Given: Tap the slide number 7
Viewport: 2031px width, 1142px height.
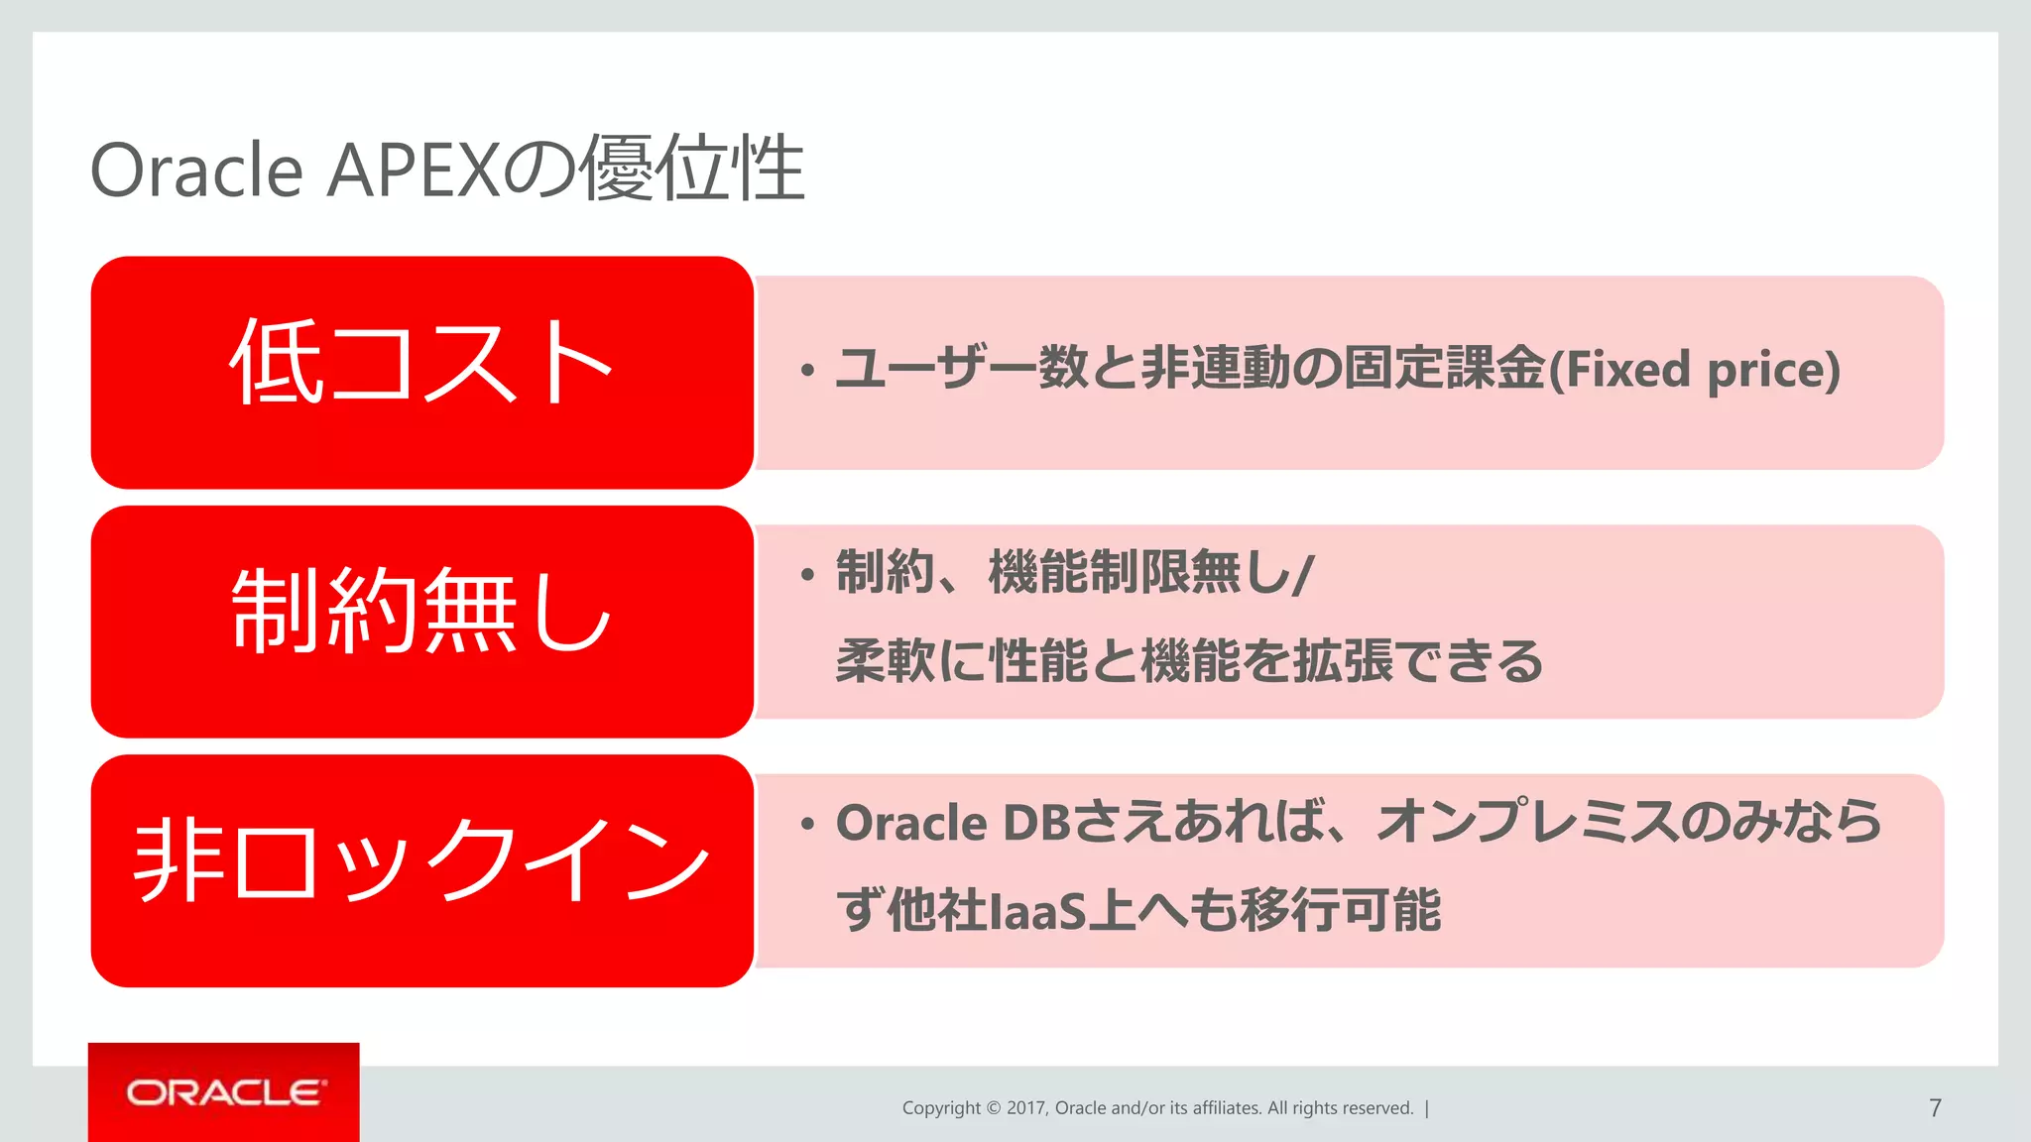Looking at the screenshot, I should click(1935, 1108).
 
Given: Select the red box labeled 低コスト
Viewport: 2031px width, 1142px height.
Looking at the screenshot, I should click(421, 372).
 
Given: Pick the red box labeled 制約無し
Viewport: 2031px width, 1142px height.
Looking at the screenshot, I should click(421, 622).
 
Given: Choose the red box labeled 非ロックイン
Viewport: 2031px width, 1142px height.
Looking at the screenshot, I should click(421, 870).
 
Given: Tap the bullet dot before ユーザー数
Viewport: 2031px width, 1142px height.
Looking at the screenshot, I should click(808, 372).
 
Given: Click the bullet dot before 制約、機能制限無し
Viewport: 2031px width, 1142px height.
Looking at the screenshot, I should click(808, 575).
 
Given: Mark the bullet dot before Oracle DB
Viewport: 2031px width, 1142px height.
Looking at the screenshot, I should click(808, 824).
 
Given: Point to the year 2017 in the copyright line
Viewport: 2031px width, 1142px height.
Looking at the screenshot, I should click(1025, 1108).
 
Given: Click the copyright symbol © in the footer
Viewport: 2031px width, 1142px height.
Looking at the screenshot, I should click(993, 1108).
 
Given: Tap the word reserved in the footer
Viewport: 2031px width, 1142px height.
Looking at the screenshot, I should click(1376, 1108).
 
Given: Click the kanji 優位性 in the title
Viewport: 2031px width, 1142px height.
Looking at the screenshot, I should click(692, 171).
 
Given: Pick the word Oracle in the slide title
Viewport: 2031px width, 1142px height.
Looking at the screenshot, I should click(196, 171).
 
